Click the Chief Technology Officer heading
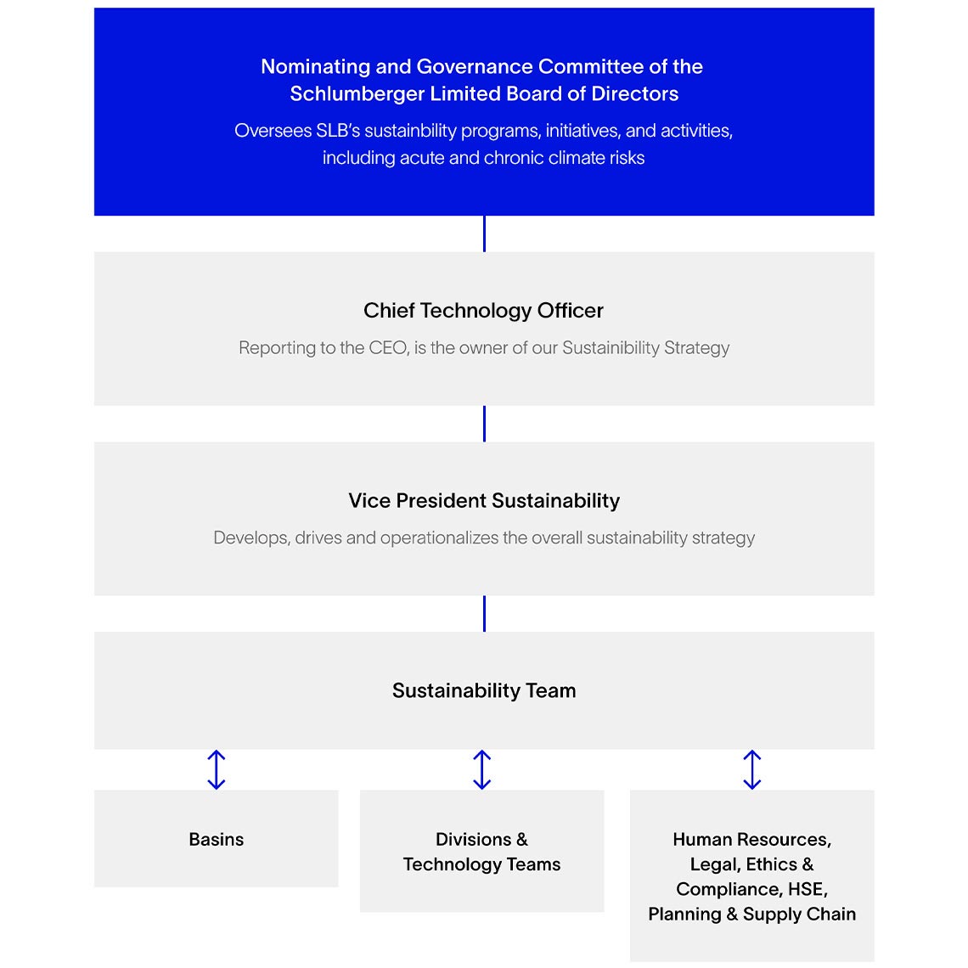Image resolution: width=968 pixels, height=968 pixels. coord(483,311)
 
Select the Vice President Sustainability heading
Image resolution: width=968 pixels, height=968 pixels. coord(483,501)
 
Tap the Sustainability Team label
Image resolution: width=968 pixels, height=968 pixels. coord(483,690)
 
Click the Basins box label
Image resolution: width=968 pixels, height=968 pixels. coord(216,839)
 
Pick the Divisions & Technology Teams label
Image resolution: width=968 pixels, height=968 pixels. coord(481,852)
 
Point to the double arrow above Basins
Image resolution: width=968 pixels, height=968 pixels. coord(217,769)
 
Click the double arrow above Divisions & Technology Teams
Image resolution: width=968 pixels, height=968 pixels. coord(481,769)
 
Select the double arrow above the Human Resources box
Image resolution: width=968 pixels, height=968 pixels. coord(751,769)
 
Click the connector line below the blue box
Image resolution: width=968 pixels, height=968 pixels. coord(484,234)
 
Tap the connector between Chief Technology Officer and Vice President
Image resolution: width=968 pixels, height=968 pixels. coord(484,423)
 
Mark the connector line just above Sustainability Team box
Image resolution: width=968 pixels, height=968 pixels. coord(484,613)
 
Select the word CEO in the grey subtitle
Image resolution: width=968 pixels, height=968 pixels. coord(387,348)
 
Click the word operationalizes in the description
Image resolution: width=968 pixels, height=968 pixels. coord(439,538)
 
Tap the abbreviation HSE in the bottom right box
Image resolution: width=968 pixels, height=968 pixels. coord(807,889)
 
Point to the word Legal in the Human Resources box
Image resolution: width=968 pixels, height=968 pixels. coord(712,864)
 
